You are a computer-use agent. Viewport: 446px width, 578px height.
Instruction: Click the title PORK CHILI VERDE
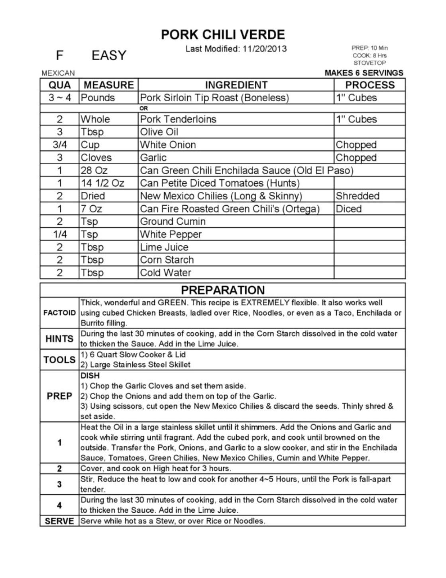point(223,35)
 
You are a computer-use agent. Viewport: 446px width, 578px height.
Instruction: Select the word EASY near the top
point(109,55)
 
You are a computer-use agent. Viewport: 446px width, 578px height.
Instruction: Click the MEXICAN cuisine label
point(58,73)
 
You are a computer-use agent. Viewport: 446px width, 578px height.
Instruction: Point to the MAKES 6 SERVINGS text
point(364,73)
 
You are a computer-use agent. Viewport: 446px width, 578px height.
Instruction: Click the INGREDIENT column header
point(236,85)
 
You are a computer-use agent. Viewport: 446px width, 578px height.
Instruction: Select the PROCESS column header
point(369,85)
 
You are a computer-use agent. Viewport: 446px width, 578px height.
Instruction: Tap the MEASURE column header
point(108,85)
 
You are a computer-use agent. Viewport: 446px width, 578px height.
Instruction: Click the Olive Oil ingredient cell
point(159,132)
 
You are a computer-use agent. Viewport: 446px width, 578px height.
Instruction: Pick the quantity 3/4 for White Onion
point(59,145)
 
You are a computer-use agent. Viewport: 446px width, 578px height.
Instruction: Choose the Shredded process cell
point(357,196)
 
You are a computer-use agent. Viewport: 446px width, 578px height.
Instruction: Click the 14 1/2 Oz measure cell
point(102,183)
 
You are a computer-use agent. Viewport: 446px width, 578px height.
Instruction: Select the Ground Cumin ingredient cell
point(173,222)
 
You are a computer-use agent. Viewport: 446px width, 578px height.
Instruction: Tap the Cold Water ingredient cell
point(165,273)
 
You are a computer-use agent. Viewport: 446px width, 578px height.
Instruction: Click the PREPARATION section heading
point(223,290)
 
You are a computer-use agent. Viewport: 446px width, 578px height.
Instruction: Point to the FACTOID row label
point(59,313)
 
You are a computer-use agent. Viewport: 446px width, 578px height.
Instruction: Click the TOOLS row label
point(59,360)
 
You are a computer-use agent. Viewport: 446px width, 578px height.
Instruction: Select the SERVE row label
point(59,521)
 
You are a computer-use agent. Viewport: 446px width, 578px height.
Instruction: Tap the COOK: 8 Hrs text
point(369,55)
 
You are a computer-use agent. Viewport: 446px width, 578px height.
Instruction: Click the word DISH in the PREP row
point(90,376)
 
